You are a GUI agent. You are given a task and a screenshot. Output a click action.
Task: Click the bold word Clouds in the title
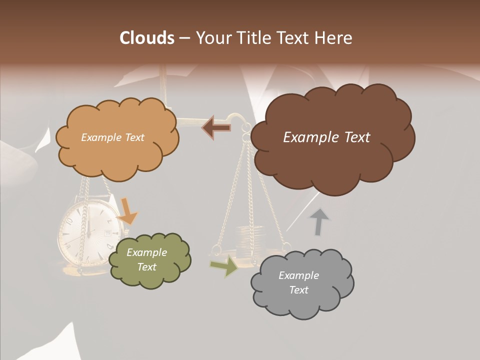coord(146,38)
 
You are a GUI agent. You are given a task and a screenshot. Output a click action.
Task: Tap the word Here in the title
coord(334,38)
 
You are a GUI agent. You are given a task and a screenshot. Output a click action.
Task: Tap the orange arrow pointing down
coord(128,211)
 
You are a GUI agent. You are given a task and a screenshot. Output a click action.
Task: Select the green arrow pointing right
coord(224,265)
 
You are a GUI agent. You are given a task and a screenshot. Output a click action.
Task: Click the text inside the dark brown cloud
coord(326,137)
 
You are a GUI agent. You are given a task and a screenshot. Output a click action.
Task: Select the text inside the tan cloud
coord(112,137)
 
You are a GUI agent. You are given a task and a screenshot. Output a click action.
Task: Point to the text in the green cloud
coord(147,259)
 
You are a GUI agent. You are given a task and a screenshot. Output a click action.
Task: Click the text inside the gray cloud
coord(298,282)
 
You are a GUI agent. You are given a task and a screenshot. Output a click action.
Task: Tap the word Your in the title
coord(214,38)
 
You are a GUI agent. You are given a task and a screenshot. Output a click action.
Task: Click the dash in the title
coord(184,38)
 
